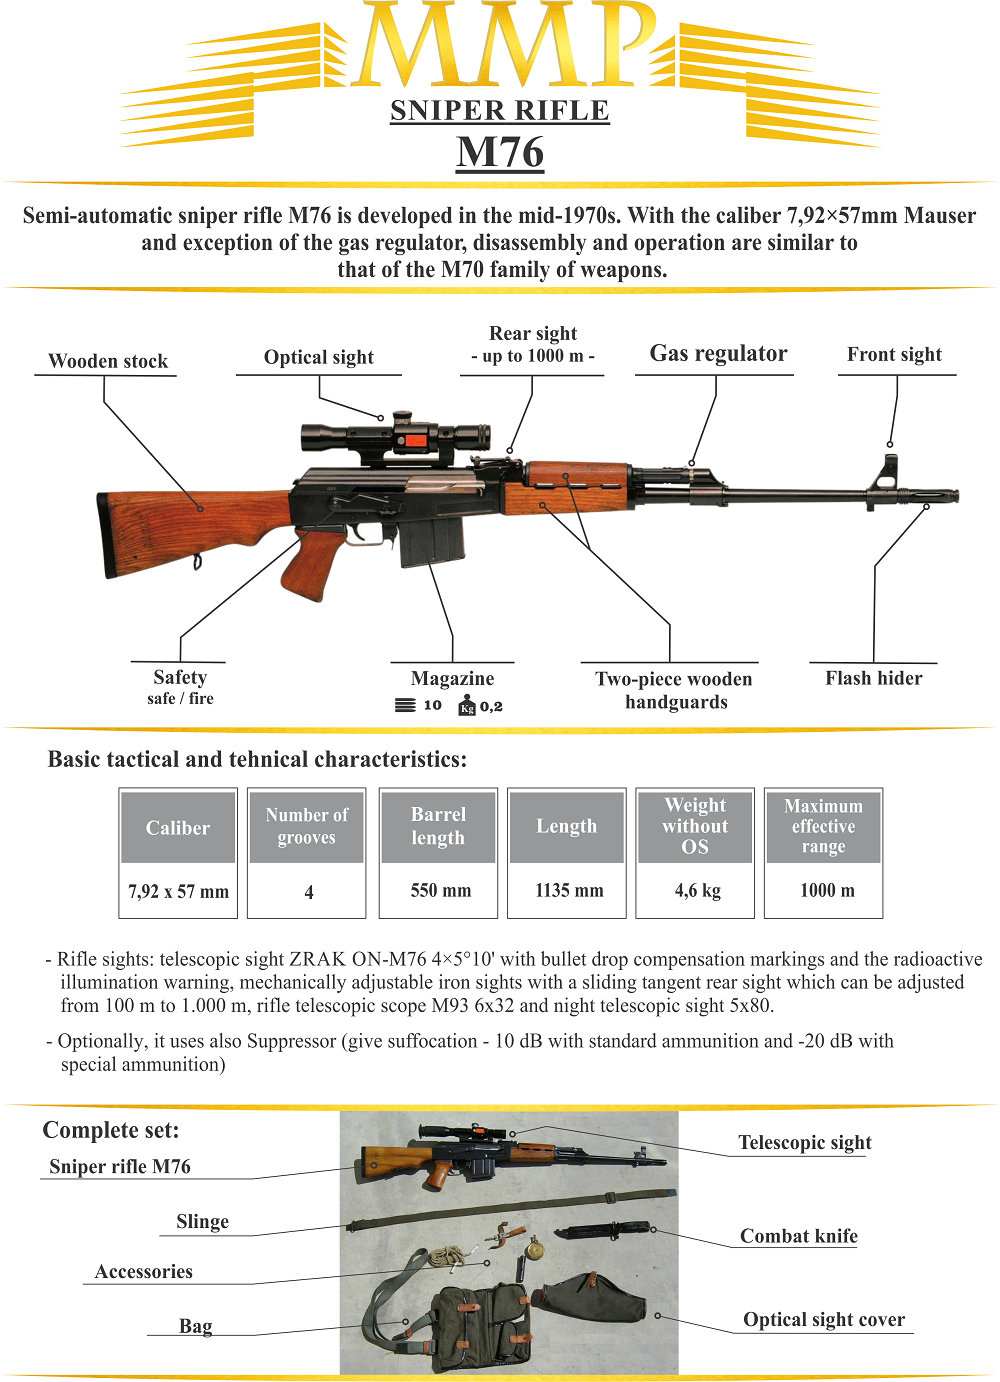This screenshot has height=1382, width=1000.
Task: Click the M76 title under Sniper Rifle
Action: click(500, 152)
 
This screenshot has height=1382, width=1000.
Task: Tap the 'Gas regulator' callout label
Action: click(718, 354)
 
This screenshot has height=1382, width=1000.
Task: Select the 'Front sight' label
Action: click(894, 355)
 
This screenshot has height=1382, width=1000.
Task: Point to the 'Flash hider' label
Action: click(873, 678)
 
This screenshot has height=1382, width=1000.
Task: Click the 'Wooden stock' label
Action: click(108, 361)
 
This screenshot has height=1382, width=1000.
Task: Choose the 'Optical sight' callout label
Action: click(318, 358)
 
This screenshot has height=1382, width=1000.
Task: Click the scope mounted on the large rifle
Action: click(395, 437)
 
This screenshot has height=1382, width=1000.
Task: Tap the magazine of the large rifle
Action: click(432, 540)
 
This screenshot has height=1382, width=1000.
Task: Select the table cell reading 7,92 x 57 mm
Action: click(178, 891)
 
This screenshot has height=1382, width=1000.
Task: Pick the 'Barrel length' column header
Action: click(438, 826)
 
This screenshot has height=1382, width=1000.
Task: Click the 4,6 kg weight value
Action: click(697, 890)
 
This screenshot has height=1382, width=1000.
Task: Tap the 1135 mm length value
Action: click(568, 890)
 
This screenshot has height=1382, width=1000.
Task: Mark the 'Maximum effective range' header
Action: click(823, 826)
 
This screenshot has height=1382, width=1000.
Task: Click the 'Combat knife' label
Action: click(798, 1236)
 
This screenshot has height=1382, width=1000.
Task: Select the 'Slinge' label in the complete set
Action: click(202, 1222)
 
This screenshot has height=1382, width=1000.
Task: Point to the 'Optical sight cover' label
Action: click(823, 1320)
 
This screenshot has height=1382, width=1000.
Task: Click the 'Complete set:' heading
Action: click(111, 1130)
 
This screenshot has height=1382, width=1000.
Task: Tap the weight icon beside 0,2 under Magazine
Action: click(467, 707)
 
